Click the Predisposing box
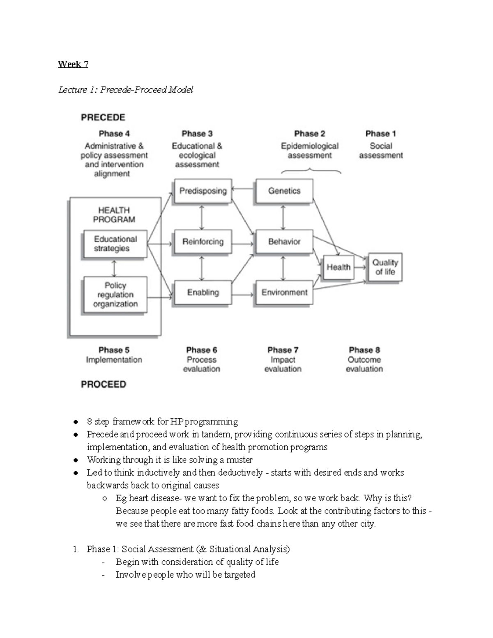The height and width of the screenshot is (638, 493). (203, 191)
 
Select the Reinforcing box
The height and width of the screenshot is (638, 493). (203, 242)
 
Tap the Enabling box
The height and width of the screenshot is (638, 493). (203, 293)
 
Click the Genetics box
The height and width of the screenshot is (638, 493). (284, 191)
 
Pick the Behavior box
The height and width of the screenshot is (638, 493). (284, 242)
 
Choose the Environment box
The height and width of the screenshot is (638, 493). (284, 293)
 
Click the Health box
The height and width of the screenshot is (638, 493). (339, 267)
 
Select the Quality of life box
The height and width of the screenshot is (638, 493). (385, 267)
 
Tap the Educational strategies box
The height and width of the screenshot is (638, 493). (115, 244)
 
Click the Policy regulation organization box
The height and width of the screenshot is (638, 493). (115, 295)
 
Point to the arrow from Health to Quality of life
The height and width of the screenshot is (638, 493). (360, 267)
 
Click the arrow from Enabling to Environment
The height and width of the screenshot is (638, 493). (243, 294)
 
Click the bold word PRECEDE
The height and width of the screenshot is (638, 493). (103, 117)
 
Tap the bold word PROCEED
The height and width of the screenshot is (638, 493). (104, 385)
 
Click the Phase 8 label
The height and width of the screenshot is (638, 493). (364, 350)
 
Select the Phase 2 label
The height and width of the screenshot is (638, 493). (310, 134)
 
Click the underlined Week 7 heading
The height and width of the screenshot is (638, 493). (73, 64)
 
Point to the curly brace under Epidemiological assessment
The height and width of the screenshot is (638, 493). (311, 170)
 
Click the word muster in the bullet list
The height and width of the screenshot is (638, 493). (240, 460)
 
